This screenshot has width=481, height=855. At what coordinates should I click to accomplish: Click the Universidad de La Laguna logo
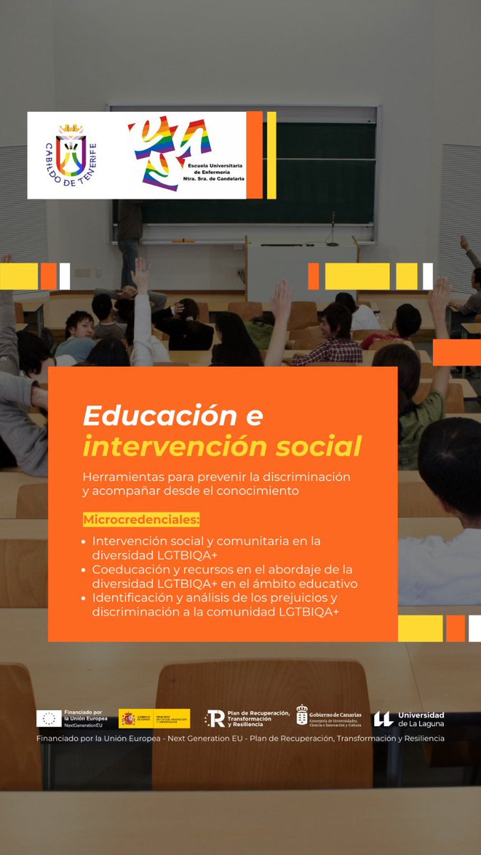pos(409,719)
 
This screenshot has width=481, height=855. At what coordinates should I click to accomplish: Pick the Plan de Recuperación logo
pos(247,718)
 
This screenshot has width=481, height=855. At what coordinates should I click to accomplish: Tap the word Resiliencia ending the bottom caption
pos(420,738)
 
